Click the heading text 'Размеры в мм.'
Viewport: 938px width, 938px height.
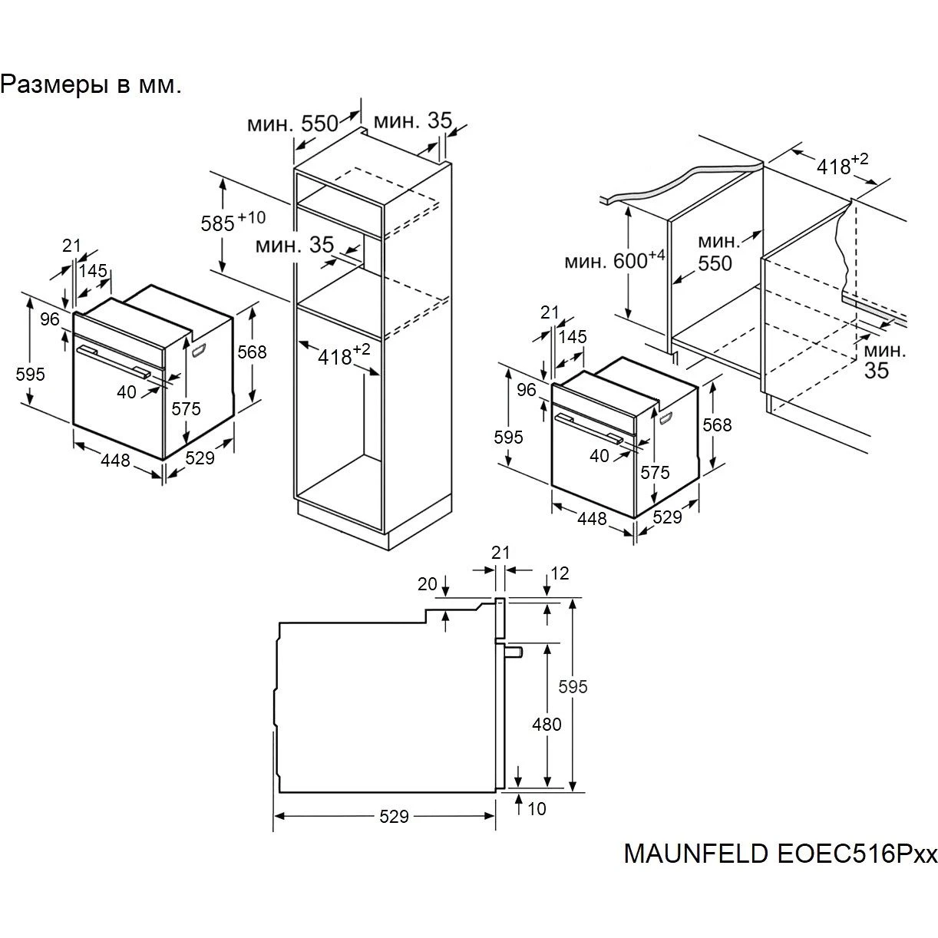[91, 85]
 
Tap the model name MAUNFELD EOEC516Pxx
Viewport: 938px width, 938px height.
[781, 867]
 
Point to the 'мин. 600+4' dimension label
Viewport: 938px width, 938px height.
[614, 260]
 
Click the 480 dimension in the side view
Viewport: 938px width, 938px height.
[547, 725]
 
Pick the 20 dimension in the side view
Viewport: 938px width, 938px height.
[428, 584]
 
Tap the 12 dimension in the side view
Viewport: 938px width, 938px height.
[560, 573]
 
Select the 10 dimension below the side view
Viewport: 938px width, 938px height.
[537, 809]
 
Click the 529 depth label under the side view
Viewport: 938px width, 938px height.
[394, 816]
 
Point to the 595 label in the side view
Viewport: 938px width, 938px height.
[573, 687]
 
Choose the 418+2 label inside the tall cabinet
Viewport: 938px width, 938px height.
[344, 355]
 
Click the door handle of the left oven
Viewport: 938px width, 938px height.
[114, 361]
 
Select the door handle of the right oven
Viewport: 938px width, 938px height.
[589, 428]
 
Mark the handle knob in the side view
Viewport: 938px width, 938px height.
[514, 652]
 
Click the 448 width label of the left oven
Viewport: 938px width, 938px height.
[115, 460]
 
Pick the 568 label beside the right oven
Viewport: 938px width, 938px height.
[717, 425]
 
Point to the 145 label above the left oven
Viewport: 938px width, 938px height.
[93, 271]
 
